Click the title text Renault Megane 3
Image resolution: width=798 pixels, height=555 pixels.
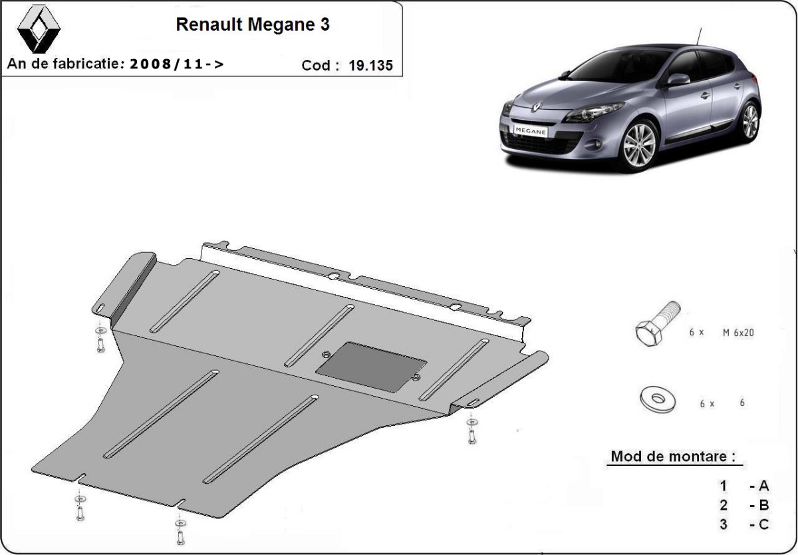(x=252, y=25)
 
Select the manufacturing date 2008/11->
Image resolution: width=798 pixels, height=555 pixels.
(x=176, y=65)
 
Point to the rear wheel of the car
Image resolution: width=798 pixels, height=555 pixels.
(x=749, y=121)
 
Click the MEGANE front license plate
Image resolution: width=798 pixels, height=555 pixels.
(x=529, y=130)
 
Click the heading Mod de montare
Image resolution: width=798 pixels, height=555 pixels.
(x=673, y=457)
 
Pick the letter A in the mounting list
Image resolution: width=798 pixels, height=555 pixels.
(x=763, y=486)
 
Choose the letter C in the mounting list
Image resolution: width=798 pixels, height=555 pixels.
(x=763, y=525)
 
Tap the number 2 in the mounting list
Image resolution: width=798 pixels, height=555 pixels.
(x=723, y=506)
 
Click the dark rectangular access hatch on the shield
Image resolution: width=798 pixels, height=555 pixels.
(x=371, y=367)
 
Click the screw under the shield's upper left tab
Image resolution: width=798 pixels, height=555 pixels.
(x=100, y=341)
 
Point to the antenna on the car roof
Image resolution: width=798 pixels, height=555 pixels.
(x=698, y=37)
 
